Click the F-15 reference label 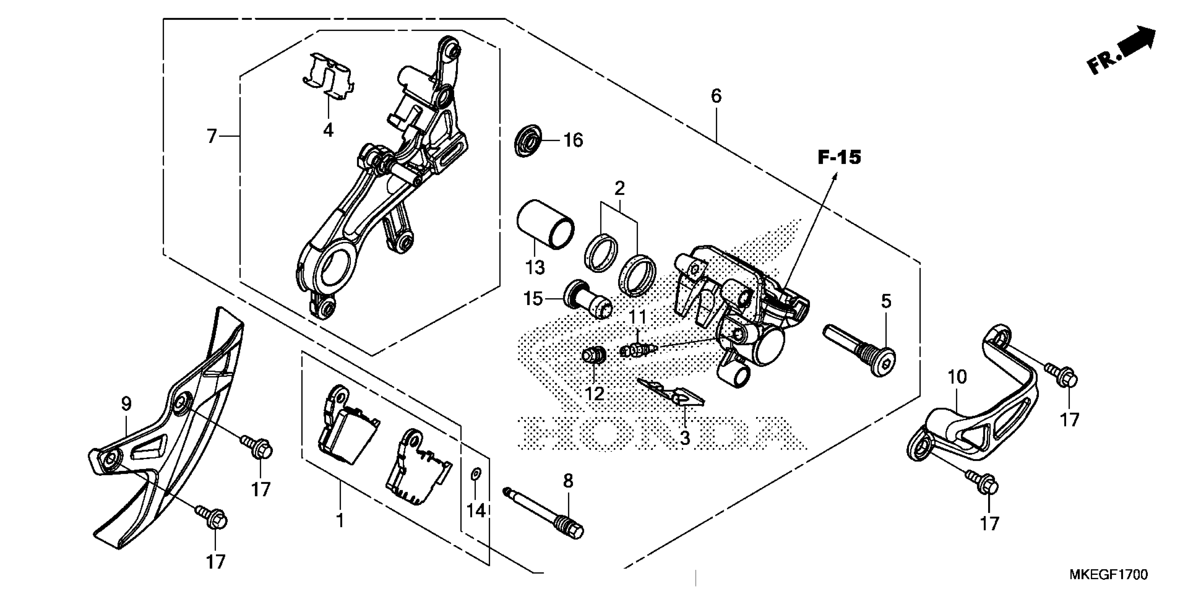839,158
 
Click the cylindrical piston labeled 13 545,224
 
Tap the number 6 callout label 716,96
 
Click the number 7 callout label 212,137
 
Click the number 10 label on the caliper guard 957,377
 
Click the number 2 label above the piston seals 620,188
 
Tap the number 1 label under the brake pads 340,521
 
